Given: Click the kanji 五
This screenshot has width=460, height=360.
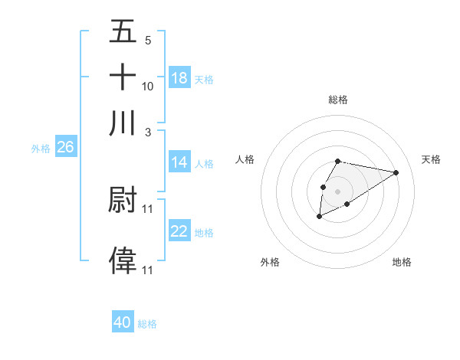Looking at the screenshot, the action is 123,33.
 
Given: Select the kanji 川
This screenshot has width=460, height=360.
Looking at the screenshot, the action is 123,123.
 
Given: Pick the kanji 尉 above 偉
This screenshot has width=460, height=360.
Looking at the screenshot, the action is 123,200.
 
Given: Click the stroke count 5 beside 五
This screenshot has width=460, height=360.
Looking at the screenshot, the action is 147,40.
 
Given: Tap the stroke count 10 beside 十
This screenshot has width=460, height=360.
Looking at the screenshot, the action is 147,86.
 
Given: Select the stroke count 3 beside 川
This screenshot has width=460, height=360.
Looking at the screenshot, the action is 147,131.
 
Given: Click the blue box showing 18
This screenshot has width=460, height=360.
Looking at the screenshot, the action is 179,78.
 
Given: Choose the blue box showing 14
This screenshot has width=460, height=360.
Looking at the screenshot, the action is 179,162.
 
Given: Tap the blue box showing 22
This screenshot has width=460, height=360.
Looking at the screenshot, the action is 179,231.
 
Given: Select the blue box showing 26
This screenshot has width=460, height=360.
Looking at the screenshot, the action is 65,148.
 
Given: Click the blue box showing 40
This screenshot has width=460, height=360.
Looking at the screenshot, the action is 123,322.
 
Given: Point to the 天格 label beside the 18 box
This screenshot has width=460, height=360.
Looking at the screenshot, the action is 204,79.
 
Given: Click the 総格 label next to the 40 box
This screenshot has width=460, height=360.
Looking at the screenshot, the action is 147,324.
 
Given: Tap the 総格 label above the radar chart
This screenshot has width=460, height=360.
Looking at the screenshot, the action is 337,100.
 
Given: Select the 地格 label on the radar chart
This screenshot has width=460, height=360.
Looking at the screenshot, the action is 402,262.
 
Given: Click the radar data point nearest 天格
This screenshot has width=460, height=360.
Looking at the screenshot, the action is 396,172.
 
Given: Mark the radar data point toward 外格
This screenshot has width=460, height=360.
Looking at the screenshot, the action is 319,217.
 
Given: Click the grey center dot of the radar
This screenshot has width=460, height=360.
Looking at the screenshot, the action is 337,190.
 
